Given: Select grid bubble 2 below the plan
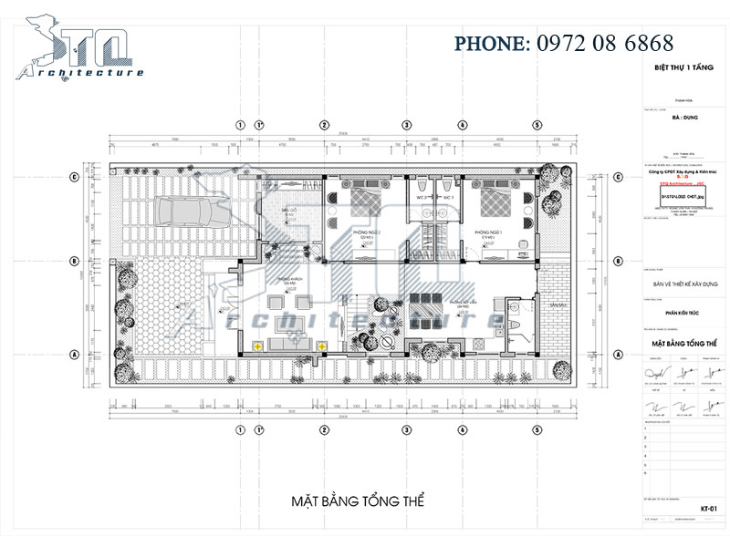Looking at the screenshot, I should coord(323,430).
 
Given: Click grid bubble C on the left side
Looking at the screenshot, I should coord(73,177).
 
